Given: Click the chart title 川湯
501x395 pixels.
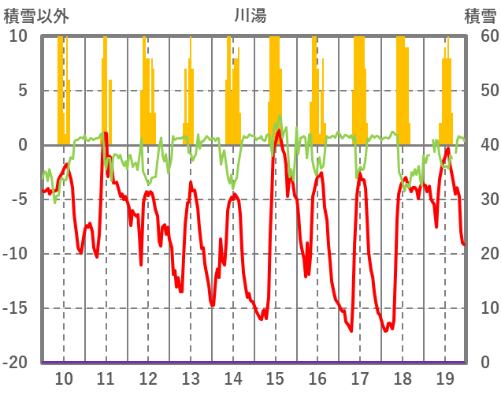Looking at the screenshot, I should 250,14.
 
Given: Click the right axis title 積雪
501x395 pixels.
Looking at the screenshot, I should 480,14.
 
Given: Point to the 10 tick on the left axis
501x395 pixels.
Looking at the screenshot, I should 18,36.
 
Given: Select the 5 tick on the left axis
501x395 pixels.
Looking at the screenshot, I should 22,91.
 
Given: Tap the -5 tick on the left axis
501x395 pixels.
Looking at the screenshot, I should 18,199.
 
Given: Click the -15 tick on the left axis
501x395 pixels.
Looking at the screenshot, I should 15,308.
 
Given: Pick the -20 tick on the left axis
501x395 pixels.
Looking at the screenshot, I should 15,363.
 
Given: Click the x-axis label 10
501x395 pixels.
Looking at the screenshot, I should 63,377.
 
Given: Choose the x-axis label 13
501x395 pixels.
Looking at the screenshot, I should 190,377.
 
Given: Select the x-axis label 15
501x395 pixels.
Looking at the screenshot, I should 275,377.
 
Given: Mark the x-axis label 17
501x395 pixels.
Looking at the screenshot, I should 360,377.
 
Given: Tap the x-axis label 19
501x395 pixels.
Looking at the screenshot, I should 444,377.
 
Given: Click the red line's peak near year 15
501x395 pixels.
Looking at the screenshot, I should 279,130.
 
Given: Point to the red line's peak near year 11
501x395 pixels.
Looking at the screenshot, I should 105,133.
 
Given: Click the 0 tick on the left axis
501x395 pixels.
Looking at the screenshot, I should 22,145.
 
